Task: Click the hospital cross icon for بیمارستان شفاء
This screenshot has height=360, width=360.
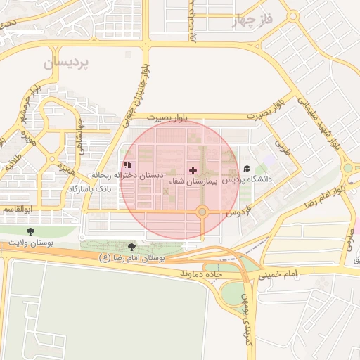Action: [x=193, y=170]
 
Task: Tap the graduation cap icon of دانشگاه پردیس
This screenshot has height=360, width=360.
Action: [x=246, y=169]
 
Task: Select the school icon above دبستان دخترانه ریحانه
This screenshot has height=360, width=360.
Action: [x=127, y=165]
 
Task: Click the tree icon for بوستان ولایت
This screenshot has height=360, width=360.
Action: [x=30, y=231]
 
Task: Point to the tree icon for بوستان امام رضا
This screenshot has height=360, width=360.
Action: [x=132, y=246]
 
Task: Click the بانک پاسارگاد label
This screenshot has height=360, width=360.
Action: [x=89, y=190]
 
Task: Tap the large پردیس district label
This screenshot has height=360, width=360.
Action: [x=67, y=63]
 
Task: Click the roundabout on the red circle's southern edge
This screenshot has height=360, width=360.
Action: [x=202, y=211]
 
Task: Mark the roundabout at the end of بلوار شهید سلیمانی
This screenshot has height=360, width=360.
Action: [x=348, y=168]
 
